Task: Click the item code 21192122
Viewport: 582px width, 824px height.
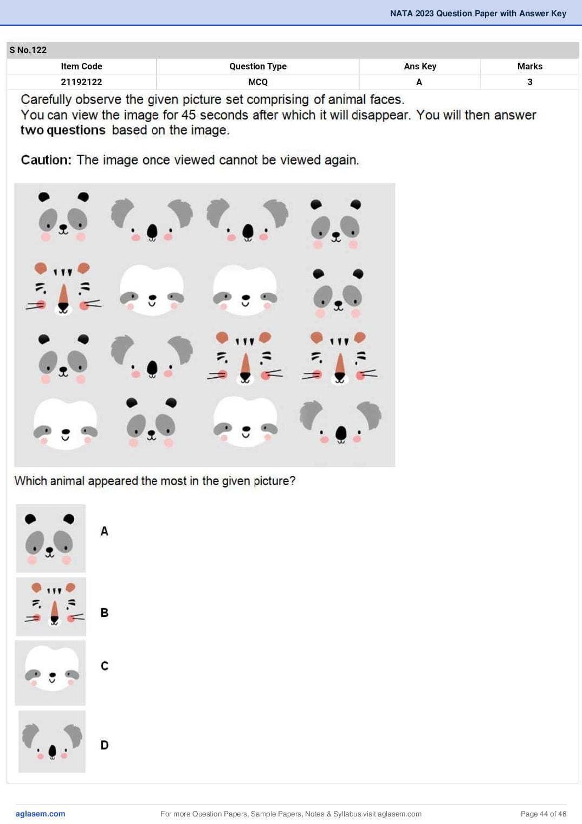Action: (81, 82)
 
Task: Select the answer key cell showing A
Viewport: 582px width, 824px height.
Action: (419, 82)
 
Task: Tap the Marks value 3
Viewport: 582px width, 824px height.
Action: (530, 82)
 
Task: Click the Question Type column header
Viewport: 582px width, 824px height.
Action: (258, 66)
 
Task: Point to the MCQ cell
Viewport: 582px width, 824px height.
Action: (258, 82)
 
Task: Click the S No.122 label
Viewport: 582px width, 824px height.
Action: (28, 50)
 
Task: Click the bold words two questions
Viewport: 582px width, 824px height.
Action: (63, 130)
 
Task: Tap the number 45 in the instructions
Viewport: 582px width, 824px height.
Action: (189, 115)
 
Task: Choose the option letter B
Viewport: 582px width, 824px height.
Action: (105, 613)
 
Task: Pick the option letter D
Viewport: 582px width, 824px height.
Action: (105, 745)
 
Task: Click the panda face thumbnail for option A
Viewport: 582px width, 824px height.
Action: (51, 538)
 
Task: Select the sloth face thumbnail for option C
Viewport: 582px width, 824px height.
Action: (50, 673)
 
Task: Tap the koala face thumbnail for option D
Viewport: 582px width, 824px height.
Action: (52, 741)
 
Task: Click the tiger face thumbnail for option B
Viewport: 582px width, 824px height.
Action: (51, 607)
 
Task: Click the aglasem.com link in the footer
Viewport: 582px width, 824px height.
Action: (41, 814)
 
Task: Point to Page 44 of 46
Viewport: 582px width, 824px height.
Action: (544, 814)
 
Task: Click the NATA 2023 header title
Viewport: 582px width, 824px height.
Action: (478, 14)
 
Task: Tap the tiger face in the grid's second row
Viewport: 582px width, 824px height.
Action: (63, 288)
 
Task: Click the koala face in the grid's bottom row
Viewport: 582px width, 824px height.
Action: (340, 422)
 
